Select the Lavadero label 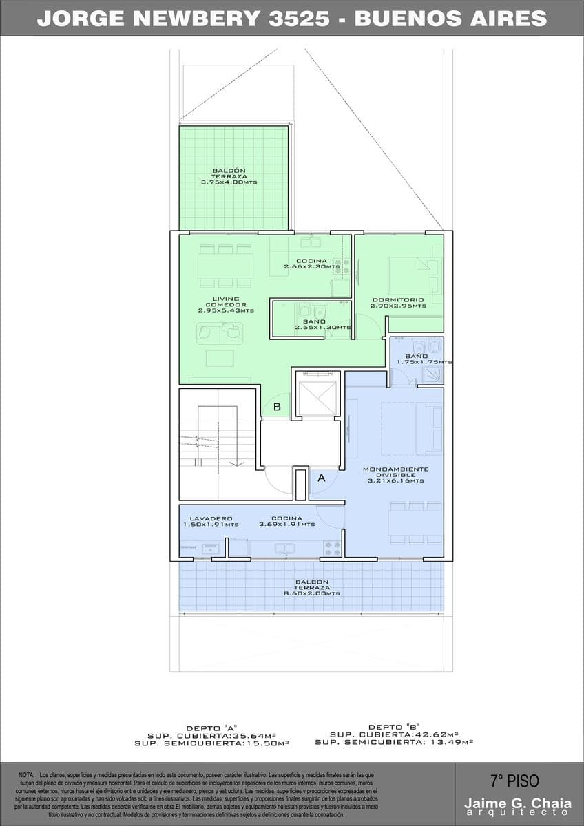click(x=211, y=518)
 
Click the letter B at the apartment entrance click(x=277, y=407)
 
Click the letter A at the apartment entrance click(x=321, y=476)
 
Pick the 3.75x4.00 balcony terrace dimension click(x=229, y=182)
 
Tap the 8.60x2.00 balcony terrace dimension click(x=312, y=593)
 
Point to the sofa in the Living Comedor click(x=220, y=334)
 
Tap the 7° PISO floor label click(x=514, y=781)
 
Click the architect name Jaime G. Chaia click(x=517, y=803)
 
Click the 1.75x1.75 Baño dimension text click(x=424, y=362)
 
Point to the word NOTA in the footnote click(x=27, y=775)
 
